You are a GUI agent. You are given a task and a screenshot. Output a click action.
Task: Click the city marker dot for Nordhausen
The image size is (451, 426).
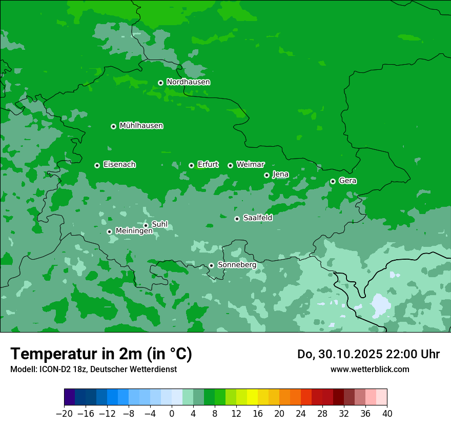(160, 83)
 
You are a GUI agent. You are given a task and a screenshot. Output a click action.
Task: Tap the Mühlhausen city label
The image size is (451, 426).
(141, 126)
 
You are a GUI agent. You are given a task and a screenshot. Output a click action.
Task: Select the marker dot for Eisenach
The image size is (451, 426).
(97, 165)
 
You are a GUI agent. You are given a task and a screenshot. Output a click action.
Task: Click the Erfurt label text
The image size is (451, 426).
(208, 165)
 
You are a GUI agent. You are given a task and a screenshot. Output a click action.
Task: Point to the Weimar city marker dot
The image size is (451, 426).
(230, 165)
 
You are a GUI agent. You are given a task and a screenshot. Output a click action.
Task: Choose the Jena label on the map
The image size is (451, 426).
(280, 175)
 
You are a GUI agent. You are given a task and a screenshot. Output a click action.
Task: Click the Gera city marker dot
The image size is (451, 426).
(333, 181)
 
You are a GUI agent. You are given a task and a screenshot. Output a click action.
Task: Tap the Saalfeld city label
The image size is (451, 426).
(257, 218)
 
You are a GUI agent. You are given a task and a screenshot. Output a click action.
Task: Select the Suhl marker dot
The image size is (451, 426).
(146, 225)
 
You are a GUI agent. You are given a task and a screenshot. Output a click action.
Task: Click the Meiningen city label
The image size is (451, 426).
(134, 231)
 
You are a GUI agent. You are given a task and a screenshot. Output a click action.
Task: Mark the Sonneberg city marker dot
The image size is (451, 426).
(211, 265)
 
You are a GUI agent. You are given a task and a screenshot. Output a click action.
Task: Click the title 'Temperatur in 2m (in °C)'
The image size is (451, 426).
(101, 354)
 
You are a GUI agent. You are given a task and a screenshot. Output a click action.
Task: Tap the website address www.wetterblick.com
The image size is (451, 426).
(370, 370)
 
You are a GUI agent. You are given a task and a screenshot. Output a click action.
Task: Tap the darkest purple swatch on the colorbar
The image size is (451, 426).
(69, 397)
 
